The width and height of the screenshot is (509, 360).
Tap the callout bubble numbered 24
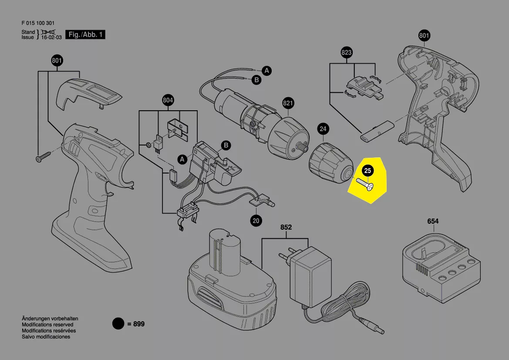click(323, 129)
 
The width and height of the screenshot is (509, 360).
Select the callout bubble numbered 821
click(288, 103)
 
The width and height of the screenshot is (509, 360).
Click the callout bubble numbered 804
click(168, 101)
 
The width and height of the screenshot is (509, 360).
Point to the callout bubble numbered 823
click(346, 53)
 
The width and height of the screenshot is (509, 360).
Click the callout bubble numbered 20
click(256, 221)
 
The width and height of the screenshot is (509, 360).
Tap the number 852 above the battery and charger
click(286, 228)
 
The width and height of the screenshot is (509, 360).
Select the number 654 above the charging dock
click(433, 221)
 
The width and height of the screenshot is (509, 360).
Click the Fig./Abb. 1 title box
click(85, 35)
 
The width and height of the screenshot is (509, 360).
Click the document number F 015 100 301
click(38, 24)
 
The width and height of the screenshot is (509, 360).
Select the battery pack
click(231, 283)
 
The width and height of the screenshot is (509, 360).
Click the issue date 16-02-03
click(51, 37)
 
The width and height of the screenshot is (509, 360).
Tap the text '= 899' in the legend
click(136, 324)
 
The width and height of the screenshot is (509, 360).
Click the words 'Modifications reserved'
click(47, 325)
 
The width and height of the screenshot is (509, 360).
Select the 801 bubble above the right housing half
click(424, 36)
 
